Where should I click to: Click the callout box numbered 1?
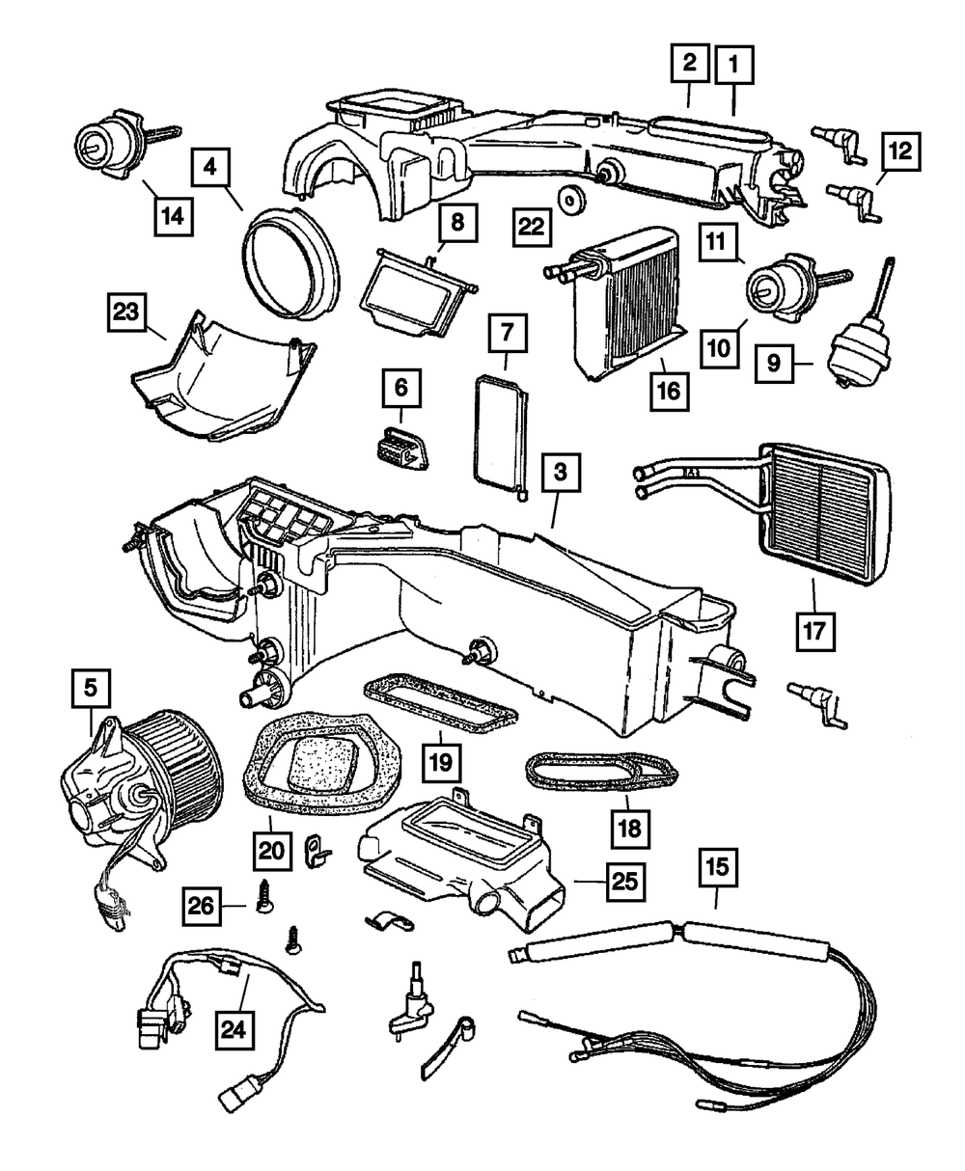[x=734, y=67]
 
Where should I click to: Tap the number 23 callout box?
[x=126, y=313]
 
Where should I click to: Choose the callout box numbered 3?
[x=561, y=475]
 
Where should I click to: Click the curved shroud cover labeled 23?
[x=217, y=381]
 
